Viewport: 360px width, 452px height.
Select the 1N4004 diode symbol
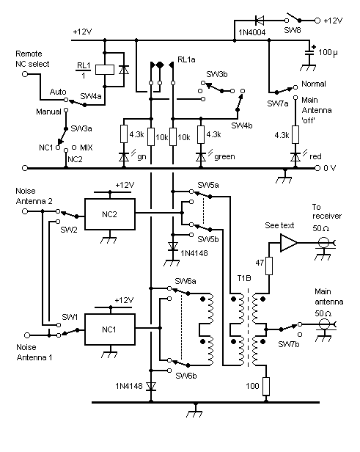[260, 21]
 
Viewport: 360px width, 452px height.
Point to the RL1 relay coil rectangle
[105, 70]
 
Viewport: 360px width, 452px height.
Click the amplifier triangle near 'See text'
[289, 243]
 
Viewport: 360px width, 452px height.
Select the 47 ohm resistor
[268, 266]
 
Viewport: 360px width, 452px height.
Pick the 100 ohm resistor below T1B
[266, 386]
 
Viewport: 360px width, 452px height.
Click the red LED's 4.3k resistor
[295, 134]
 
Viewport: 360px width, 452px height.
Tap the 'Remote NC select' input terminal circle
[25, 74]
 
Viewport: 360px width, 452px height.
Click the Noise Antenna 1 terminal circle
[27, 335]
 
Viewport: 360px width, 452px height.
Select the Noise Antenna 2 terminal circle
[25, 211]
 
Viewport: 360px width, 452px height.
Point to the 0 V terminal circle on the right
[317, 168]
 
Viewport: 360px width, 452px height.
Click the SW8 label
[293, 30]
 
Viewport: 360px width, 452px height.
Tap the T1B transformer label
[244, 278]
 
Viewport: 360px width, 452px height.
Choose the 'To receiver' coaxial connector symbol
[324, 243]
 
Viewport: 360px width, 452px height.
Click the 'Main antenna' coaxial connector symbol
[324, 324]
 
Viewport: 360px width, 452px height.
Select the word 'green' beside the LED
[224, 156]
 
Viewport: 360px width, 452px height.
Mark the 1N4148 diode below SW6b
[151, 386]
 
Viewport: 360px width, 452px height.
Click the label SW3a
[81, 128]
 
